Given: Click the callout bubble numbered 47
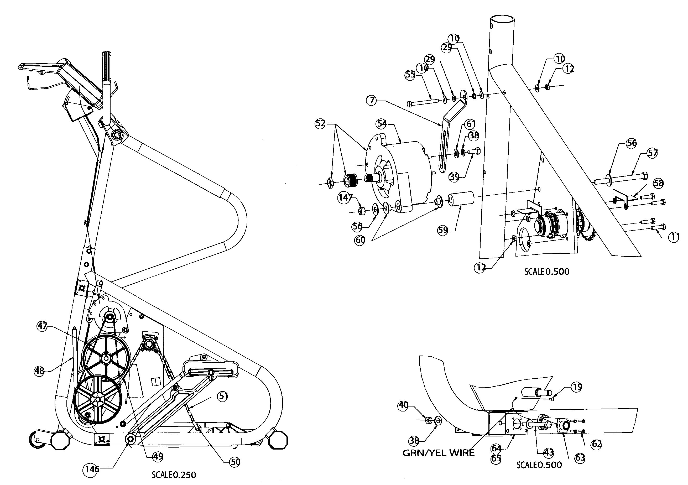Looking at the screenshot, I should pos(42,326).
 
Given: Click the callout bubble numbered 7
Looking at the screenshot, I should pos(372,100).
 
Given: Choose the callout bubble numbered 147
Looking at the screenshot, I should pos(344,197).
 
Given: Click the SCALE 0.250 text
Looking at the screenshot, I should pos(174,475).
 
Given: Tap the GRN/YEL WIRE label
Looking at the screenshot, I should pos(438,453).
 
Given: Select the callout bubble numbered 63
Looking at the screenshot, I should pos(580,458).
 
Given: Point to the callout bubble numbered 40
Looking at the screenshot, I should pos(403,406).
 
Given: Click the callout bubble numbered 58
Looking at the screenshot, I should pos(658,183).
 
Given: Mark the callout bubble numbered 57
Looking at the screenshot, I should pos(652,153).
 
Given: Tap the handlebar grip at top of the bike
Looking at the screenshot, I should pos(107,66).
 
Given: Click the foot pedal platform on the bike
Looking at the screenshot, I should pos(211,368).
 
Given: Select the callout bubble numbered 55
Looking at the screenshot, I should pos(410,75).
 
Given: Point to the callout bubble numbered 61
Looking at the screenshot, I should pos(470,124).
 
